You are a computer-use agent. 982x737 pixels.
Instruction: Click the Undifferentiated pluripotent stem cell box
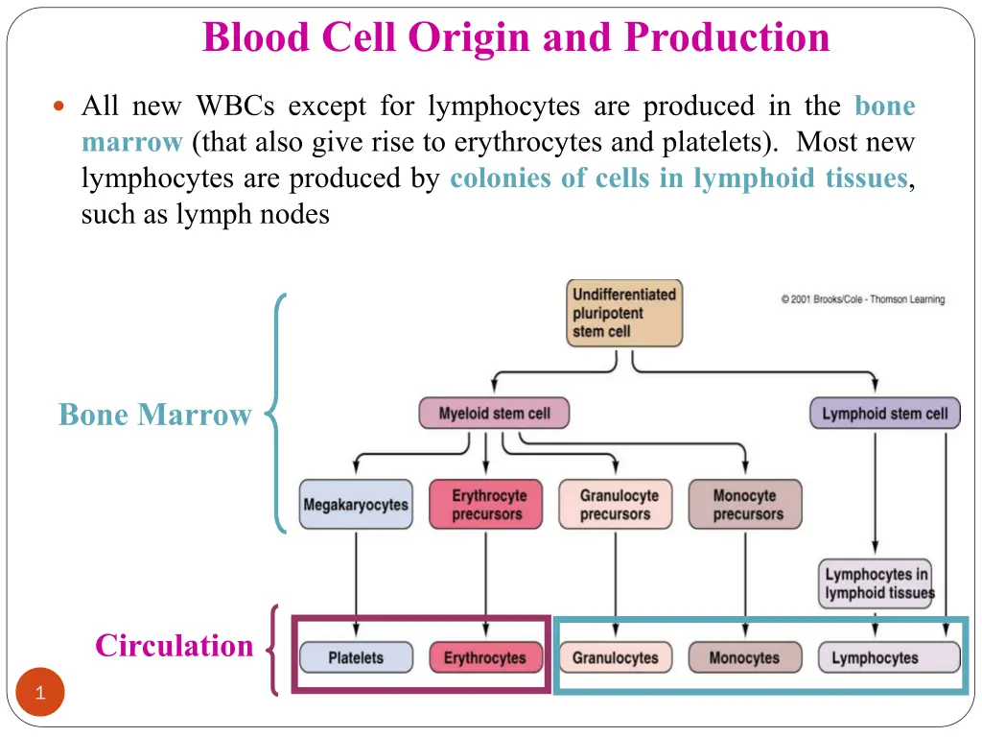coord(626,313)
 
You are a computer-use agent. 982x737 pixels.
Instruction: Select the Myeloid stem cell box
coord(494,414)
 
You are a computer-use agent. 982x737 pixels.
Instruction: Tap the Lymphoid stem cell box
coord(884,414)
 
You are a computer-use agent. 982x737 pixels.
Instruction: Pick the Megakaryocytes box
coord(356,505)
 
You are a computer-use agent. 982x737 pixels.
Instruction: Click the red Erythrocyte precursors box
coord(485,505)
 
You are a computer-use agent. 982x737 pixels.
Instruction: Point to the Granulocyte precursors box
coord(616,505)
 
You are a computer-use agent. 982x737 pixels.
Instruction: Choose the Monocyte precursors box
coord(745,505)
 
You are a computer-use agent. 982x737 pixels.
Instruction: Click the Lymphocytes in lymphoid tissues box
coord(876,583)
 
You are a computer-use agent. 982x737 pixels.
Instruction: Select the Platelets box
coord(356,658)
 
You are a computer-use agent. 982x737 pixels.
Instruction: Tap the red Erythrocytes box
coord(485,658)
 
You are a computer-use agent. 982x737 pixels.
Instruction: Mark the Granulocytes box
coord(616,658)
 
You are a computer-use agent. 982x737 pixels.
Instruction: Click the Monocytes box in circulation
coord(745,658)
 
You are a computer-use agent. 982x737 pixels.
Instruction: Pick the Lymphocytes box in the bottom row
coord(888,658)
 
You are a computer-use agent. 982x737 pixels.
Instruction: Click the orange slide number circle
coord(39,693)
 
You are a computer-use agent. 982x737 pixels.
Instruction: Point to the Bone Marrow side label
coord(154,415)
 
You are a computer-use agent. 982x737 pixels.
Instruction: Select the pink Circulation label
coord(174,646)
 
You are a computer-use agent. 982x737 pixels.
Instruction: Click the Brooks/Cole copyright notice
coord(862,299)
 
